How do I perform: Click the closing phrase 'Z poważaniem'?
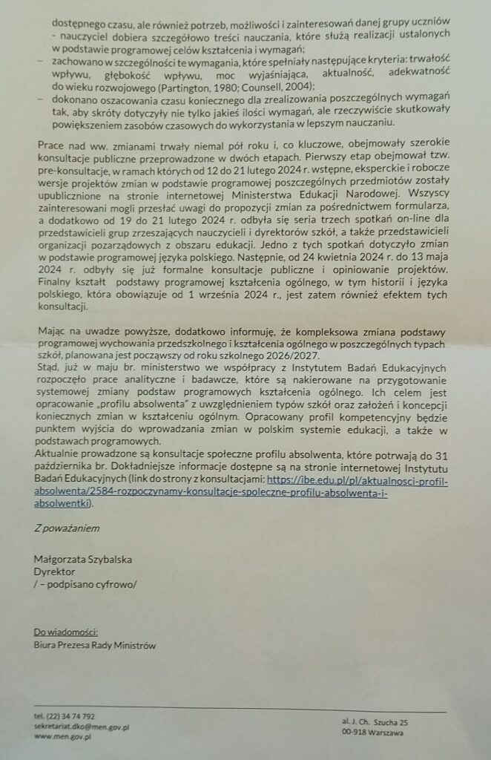(x=67, y=529)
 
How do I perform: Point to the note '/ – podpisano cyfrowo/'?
(x=85, y=584)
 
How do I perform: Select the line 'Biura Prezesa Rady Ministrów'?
(x=95, y=645)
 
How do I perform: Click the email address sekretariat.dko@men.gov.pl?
(x=82, y=727)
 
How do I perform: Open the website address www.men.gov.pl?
(x=62, y=737)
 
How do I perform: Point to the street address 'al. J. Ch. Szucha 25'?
(x=375, y=721)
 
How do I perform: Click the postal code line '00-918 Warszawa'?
(x=372, y=733)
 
